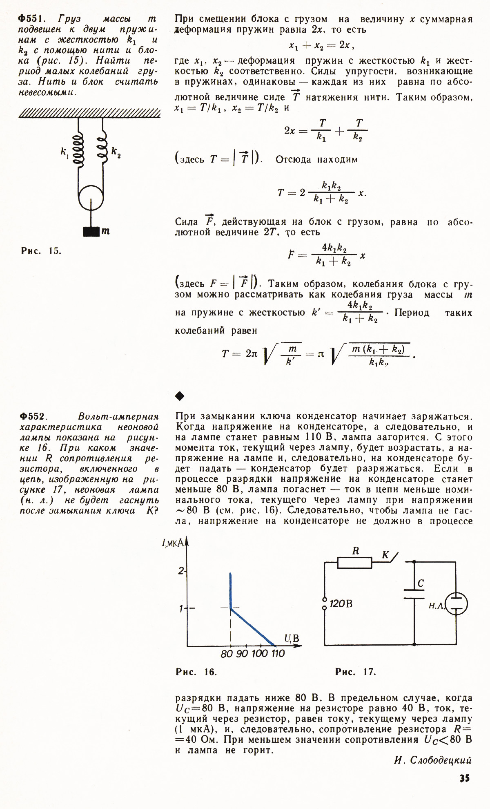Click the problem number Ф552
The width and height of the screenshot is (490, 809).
click(x=32, y=416)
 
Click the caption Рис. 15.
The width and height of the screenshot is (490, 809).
click(x=41, y=251)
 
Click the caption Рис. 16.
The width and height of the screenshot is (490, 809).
click(x=196, y=672)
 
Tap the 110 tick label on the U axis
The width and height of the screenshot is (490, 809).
click(x=278, y=654)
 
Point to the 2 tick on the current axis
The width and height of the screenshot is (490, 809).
click(x=181, y=571)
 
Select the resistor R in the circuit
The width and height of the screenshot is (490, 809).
click(x=354, y=563)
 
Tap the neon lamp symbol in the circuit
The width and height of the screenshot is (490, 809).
click(x=456, y=604)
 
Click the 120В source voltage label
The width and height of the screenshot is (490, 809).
click(x=341, y=603)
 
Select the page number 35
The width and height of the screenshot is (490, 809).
click(x=465, y=778)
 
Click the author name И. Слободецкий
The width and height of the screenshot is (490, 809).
click(x=433, y=760)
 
